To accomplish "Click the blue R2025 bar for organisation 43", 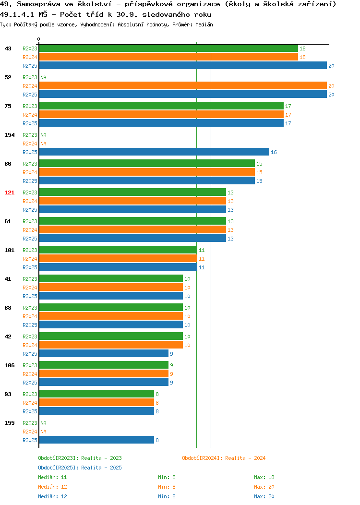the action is [x=183, y=65].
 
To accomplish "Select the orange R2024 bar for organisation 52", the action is [x=183, y=85].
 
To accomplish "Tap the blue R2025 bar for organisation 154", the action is [x=154, y=152].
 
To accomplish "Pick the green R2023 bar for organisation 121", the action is [x=132, y=192].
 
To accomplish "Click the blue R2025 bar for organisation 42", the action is [x=104, y=353].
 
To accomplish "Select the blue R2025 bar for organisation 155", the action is [x=96, y=440].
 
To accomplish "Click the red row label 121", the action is [x=9, y=192].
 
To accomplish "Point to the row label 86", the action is [x=8, y=164].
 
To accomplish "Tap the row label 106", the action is [x=9, y=365].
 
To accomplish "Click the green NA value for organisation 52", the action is [x=44, y=77].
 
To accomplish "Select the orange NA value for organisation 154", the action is [x=44, y=144].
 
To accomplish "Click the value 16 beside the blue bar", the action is [x=274, y=152].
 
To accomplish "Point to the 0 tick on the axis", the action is [x=39, y=39].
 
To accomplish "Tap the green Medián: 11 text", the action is [x=52, y=477].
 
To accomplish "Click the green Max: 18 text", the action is [x=264, y=477].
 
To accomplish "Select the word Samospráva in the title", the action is [x=39, y=4].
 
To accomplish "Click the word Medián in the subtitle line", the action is [x=204, y=24].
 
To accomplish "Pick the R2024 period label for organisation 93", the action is [x=30, y=403].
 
